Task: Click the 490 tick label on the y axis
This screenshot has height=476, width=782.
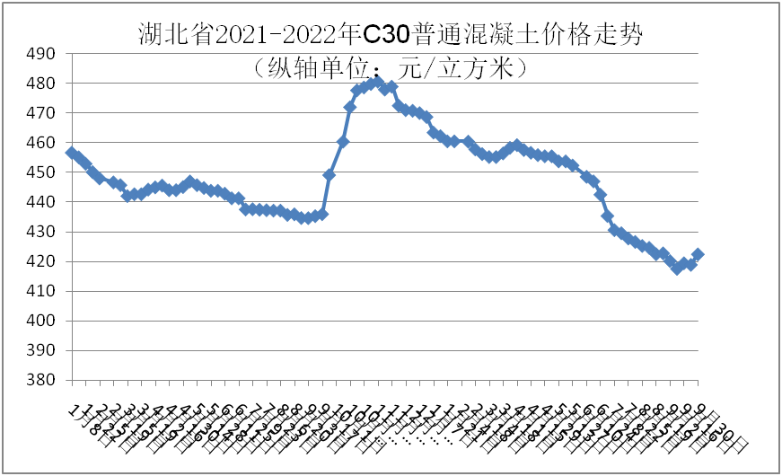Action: pyautogui.click(x=41, y=54)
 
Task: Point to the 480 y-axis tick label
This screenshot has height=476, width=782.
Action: pyautogui.click(x=41, y=84)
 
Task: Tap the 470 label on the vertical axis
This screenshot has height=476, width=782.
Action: pyautogui.click(x=41, y=113)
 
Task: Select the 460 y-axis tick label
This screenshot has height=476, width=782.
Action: pyautogui.click(x=41, y=143)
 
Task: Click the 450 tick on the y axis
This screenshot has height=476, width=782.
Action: pyautogui.click(x=41, y=172)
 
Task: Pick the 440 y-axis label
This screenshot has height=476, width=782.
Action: pyautogui.click(x=41, y=202)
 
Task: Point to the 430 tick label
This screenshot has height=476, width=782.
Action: pyautogui.click(x=41, y=232)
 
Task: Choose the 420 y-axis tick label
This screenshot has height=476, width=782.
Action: pyautogui.click(x=41, y=261)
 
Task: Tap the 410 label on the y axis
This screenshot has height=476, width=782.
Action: pyautogui.click(x=41, y=291)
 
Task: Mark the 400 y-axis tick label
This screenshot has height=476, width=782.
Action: pyautogui.click(x=41, y=321)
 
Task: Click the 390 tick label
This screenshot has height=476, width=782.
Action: pyautogui.click(x=41, y=350)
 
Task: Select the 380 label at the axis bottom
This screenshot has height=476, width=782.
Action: pyautogui.click(x=41, y=380)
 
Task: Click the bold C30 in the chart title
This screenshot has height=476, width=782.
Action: pyautogui.click(x=386, y=34)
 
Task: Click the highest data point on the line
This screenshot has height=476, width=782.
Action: pyautogui.click(x=376, y=82)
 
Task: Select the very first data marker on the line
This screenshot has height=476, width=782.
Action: pyautogui.click(x=73, y=153)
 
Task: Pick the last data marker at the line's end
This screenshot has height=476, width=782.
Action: pyautogui.click(x=698, y=254)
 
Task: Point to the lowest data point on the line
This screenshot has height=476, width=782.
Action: pyautogui.click(x=677, y=269)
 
